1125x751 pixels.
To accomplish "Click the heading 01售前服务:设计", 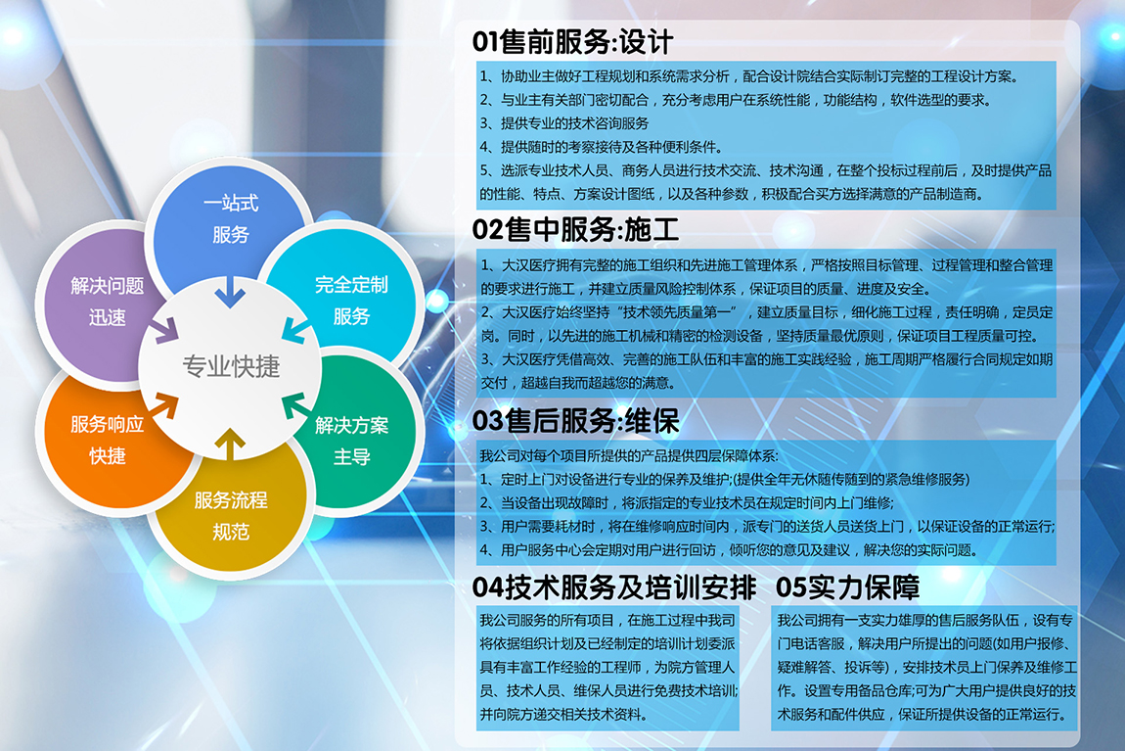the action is (x=572, y=42).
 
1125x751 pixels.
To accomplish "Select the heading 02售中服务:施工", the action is (x=575, y=230).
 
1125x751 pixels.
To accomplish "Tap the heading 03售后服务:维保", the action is (x=575, y=421).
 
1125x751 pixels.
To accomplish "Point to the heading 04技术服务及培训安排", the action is (x=614, y=587).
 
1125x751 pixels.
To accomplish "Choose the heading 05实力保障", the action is (x=847, y=587).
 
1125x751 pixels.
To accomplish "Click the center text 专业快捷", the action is (x=231, y=366).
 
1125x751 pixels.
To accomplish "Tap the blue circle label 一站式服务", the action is (x=230, y=218).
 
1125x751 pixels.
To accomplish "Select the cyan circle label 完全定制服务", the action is (x=351, y=301).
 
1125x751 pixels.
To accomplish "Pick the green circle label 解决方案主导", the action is (x=351, y=441).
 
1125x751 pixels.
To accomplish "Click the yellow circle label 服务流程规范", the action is (x=230, y=515).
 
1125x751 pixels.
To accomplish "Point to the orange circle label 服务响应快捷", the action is (x=107, y=440).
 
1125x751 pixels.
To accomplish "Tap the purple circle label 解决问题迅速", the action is (x=107, y=301).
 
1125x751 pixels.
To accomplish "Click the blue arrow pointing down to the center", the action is (x=230, y=292).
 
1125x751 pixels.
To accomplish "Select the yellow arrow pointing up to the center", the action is (x=230, y=444).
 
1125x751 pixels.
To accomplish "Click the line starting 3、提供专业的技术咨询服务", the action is (x=563, y=123).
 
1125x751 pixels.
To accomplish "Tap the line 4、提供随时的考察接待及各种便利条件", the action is (x=602, y=147).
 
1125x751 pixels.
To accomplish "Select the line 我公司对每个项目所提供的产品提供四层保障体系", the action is (x=628, y=455).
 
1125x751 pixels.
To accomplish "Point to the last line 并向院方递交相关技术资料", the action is (x=563, y=715).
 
